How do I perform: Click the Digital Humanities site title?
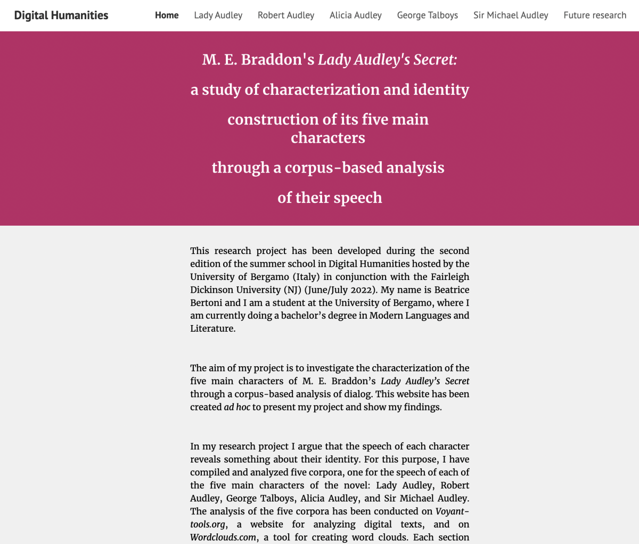(x=61, y=15)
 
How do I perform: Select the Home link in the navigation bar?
(x=167, y=15)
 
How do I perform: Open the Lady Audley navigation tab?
(x=218, y=15)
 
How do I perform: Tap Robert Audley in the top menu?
(x=286, y=15)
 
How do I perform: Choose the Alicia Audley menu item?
(x=356, y=15)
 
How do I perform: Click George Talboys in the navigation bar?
(x=428, y=15)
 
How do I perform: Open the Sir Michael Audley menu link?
(x=511, y=15)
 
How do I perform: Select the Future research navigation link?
(x=595, y=15)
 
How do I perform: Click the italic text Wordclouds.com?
(x=223, y=538)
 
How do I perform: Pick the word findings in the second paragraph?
(x=423, y=407)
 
